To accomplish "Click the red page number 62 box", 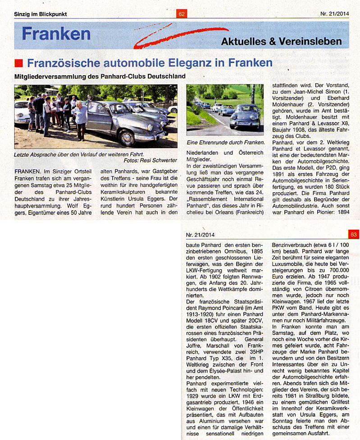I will [x=182, y=14].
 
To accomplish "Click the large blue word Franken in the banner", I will [x=56, y=34].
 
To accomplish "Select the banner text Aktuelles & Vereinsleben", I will [x=281, y=41].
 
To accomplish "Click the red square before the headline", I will [x=18, y=62].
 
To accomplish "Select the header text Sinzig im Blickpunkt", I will [x=41, y=14].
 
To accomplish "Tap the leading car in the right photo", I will [x=244, y=118].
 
